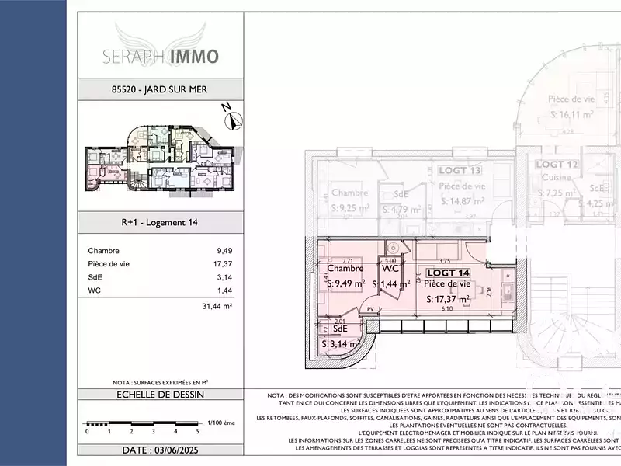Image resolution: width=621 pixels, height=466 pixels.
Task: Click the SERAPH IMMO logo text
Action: click(161, 57)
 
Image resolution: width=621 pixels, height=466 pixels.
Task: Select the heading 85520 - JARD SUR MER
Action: click(161, 89)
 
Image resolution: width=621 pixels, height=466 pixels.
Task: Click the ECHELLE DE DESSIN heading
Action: click(161, 394)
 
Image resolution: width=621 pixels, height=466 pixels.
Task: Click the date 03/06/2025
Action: click(161, 450)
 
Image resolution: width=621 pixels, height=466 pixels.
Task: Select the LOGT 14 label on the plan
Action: click(449, 273)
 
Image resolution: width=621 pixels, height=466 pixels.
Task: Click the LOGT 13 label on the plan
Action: click(460, 171)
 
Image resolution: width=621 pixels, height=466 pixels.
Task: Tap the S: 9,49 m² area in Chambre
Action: click(346, 284)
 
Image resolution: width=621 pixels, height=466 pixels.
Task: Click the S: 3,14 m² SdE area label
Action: click(339, 343)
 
